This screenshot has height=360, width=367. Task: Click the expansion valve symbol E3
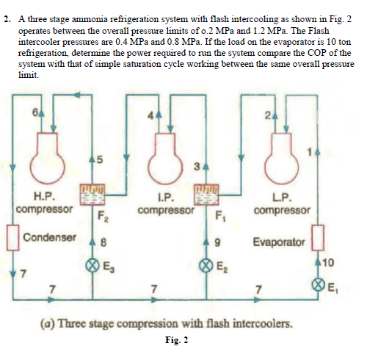coord(92,266)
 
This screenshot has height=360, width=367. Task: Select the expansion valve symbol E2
coord(206,266)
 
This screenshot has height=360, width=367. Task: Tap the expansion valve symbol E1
coord(318,286)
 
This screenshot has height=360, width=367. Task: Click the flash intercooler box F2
coord(92,195)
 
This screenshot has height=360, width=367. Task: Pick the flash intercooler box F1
coord(206,195)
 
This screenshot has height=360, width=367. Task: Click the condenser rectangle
coord(13,237)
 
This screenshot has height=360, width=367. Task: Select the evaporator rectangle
coord(318,237)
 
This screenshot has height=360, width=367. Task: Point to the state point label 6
coord(35,112)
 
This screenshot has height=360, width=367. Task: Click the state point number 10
coord(328,263)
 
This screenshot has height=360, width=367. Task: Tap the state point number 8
coord(103,242)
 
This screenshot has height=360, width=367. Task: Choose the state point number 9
coord(217,242)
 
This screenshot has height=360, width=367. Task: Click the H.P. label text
coord(44,196)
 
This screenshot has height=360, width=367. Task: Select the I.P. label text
coord(166,198)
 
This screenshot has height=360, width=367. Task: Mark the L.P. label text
coord(282,198)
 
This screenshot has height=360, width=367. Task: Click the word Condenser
coord(50,237)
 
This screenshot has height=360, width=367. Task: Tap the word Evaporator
coord(279,242)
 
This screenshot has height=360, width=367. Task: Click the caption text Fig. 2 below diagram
coord(177,340)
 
